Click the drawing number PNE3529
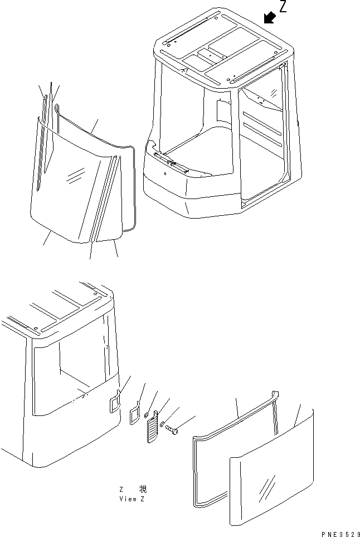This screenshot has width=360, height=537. [x=337, y=532]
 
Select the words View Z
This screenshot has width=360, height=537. [x=132, y=499]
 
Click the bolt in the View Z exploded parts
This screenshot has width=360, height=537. [x=172, y=430]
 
